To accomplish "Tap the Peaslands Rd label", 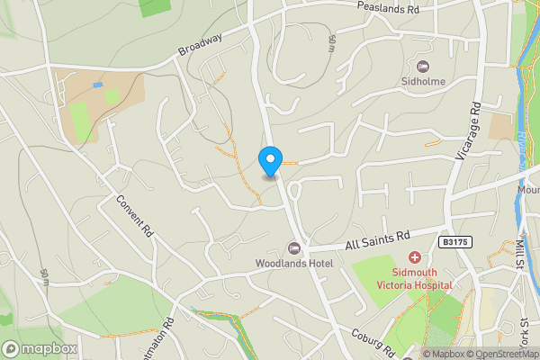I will tap(387, 8).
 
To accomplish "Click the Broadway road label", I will tap(200, 42).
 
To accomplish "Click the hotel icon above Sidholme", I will tap(423, 66).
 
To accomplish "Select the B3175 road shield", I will tap(456, 242).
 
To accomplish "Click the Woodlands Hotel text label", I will tap(294, 263).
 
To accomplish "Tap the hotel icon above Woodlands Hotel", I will tap(293, 248).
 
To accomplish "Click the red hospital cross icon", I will tap(415, 258).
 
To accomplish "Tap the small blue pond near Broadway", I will tap(97, 85).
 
